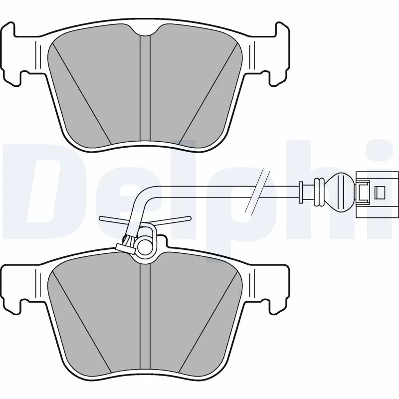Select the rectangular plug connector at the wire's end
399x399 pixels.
point(377,191)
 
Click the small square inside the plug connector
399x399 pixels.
point(380,191)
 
